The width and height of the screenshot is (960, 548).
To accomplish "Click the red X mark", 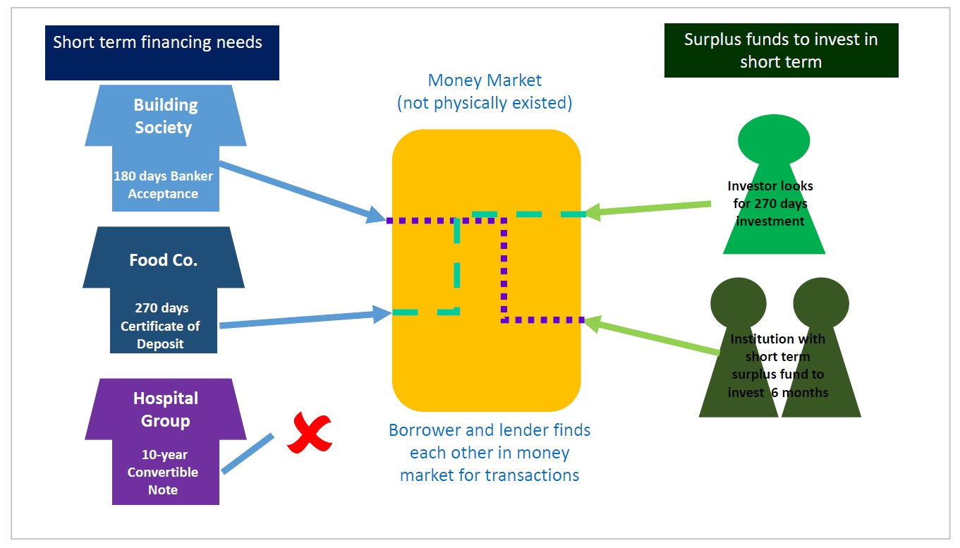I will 309,433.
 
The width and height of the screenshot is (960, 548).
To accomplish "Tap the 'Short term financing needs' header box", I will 162,52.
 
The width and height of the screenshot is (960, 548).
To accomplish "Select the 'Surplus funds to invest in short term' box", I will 781,50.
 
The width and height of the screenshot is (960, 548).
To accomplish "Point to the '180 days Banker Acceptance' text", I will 163,185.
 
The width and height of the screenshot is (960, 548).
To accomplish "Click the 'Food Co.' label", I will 163,260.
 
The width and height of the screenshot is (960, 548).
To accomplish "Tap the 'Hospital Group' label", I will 166,409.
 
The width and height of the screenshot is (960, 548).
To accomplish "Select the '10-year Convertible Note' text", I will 163,472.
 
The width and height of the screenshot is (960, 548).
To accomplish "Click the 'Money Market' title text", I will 485,80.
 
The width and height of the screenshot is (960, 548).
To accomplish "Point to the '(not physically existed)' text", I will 485,103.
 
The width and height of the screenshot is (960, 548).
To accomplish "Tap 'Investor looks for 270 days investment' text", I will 770,203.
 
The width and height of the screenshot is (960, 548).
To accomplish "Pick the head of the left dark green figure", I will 738,302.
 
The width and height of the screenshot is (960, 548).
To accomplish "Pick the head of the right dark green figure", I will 820,302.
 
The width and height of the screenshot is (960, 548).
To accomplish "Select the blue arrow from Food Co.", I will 303,319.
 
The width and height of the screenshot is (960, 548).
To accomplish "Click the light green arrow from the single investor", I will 649,208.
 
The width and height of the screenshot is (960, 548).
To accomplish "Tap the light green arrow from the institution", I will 652,336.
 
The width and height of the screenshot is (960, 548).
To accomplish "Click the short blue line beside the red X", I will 247,453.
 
